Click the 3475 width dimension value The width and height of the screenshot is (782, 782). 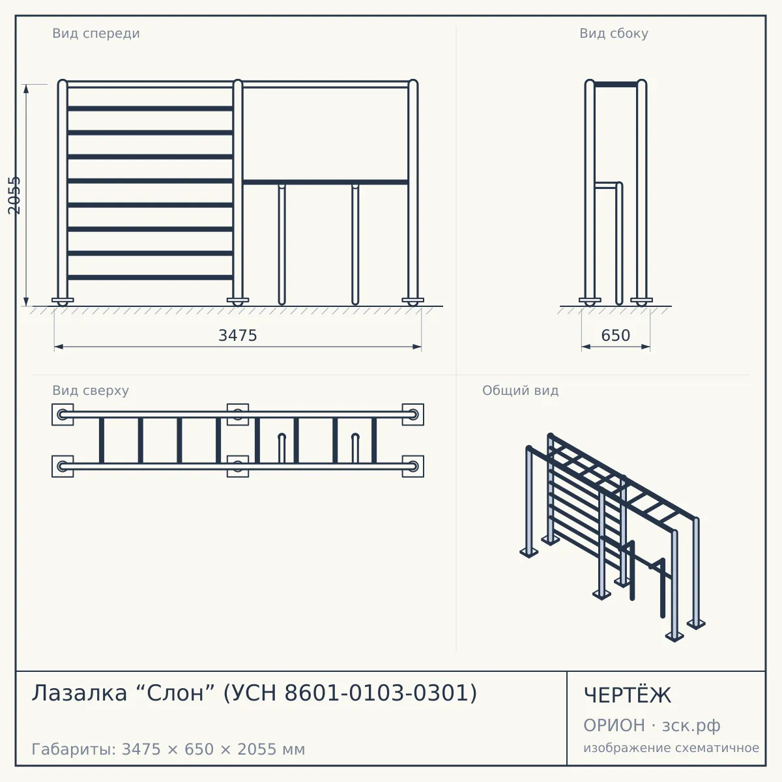coord(238,336)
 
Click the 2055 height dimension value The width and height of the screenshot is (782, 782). coord(14,195)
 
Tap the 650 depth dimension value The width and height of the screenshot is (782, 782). coord(616,336)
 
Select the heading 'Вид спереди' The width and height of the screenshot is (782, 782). coord(96,33)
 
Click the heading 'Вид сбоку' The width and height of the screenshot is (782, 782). coord(614,33)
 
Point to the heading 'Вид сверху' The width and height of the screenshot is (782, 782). coord(91,390)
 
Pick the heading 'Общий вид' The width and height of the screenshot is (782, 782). coord(520,390)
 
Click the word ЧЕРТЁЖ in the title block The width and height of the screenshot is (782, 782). coord(628,695)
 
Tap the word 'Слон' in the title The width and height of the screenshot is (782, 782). coord(175,693)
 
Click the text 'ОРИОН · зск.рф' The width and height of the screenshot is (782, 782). coord(652,725)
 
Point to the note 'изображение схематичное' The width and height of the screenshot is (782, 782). coord(671,747)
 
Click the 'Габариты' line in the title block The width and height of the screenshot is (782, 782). coord(168,749)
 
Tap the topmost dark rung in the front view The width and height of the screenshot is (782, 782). coord(150,109)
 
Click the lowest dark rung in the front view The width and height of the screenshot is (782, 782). coord(150,278)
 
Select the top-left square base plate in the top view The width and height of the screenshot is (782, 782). coord(63,414)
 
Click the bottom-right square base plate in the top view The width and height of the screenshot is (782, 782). coord(413,467)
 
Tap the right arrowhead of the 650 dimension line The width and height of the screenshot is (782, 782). coord(646,347)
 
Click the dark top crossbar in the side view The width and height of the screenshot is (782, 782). coord(616,85)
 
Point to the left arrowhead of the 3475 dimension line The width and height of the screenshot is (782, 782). coord(59,347)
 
